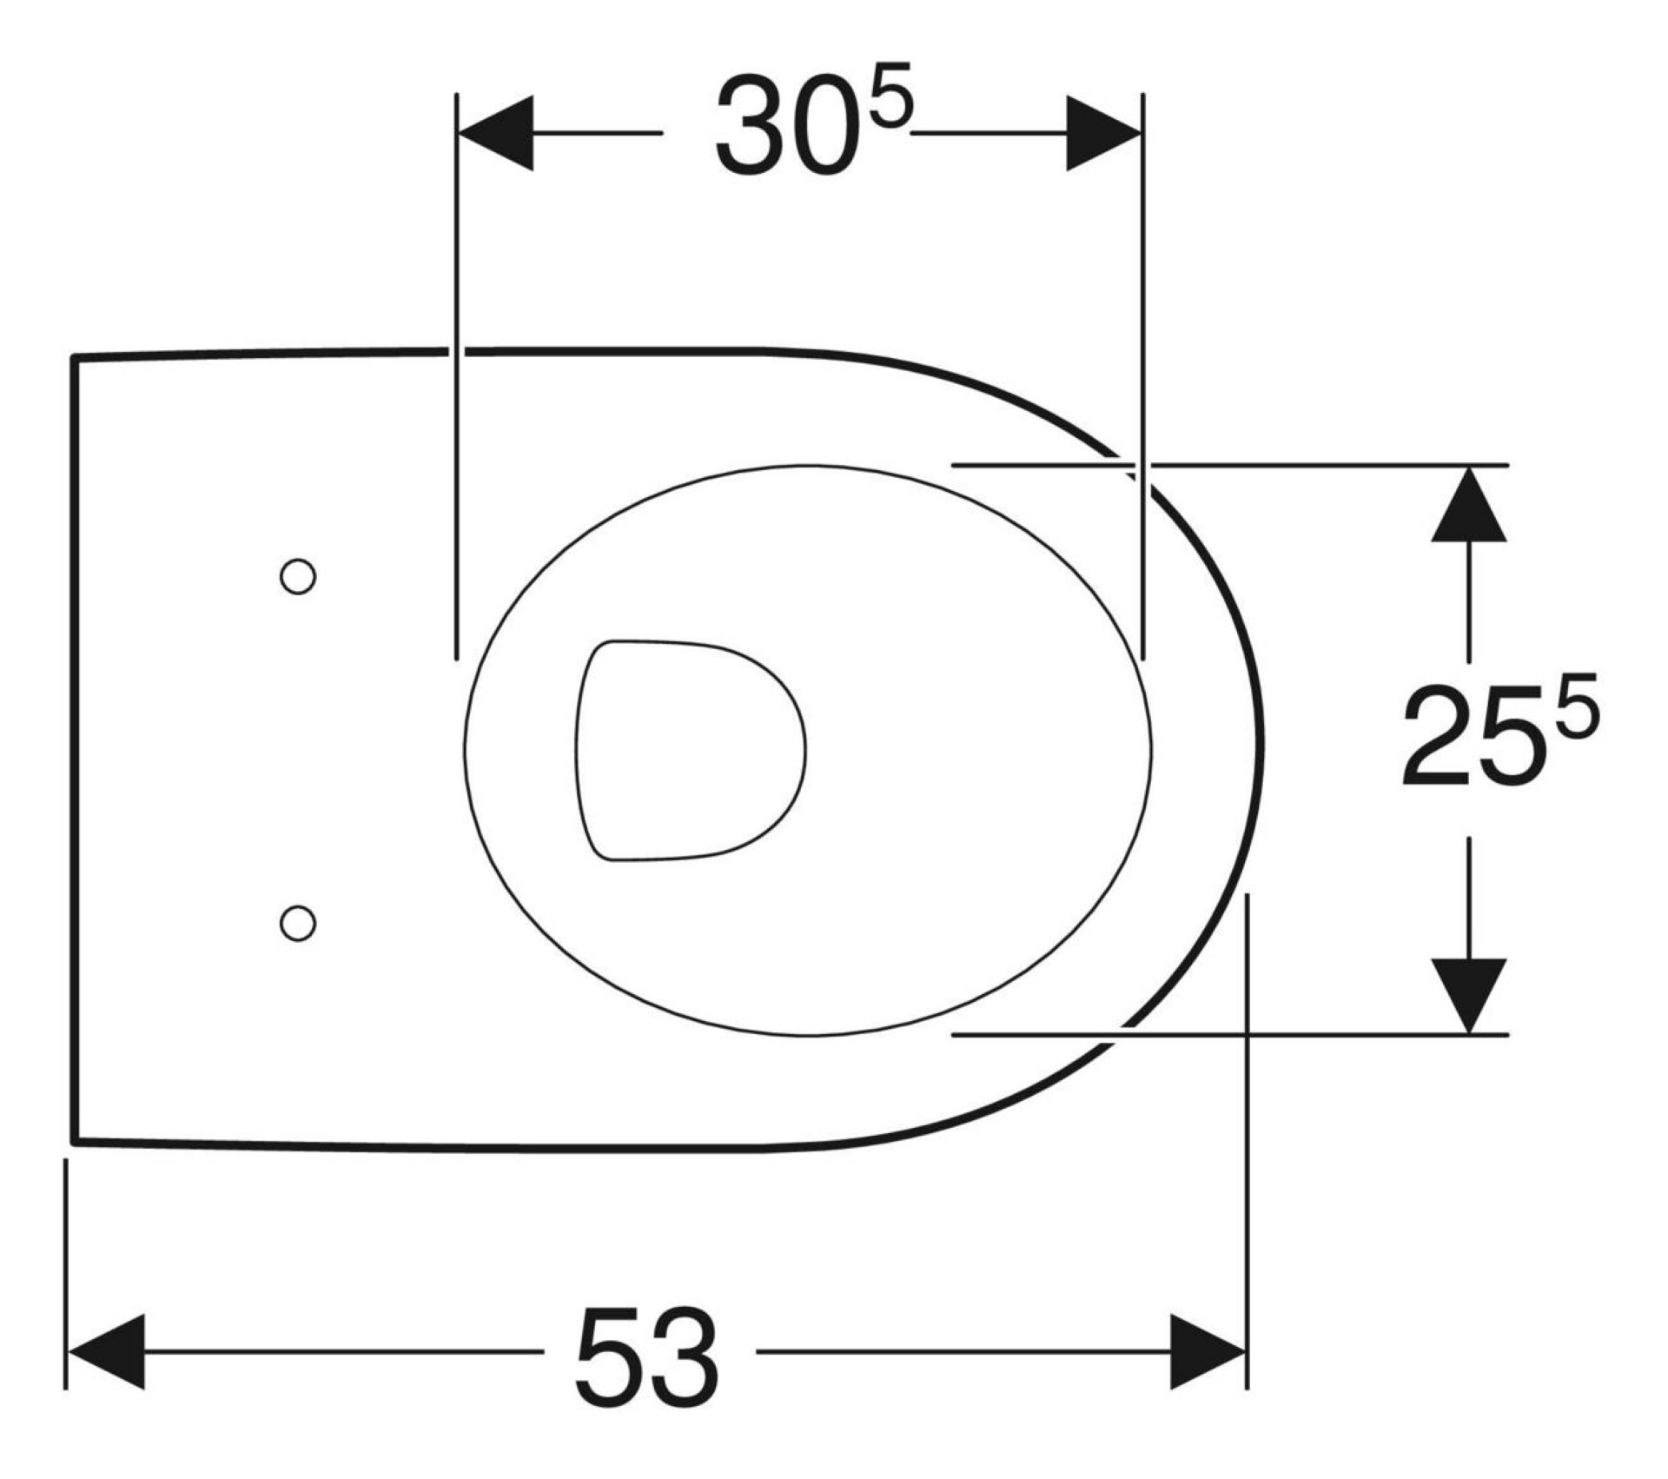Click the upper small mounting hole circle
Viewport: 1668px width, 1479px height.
click(x=297, y=576)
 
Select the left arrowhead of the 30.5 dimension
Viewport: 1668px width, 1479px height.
click(x=495, y=133)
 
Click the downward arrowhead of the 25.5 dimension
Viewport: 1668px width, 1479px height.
click(x=1468, y=995)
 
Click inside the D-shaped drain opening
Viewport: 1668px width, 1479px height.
click(x=686, y=752)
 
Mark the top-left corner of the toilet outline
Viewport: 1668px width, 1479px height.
click(x=75, y=357)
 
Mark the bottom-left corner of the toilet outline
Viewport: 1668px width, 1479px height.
click(x=75, y=1141)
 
